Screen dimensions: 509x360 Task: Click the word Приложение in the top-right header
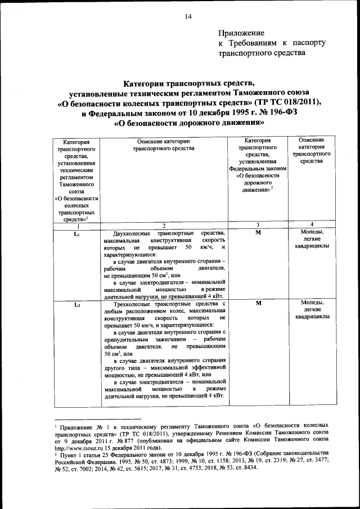pos(241,34)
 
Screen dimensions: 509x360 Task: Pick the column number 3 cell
pos(258,224)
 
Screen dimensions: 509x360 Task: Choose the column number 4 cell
pos(312,224)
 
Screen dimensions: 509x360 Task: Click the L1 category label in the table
pos(77,233)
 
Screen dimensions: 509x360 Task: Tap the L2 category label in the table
pos(77,305)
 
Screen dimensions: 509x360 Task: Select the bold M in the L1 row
pos(258,232)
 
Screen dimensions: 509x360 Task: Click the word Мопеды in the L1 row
pos(312,232)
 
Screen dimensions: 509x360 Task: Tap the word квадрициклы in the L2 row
pos(312,317)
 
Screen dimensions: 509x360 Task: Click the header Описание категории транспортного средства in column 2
pos(163,145)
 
